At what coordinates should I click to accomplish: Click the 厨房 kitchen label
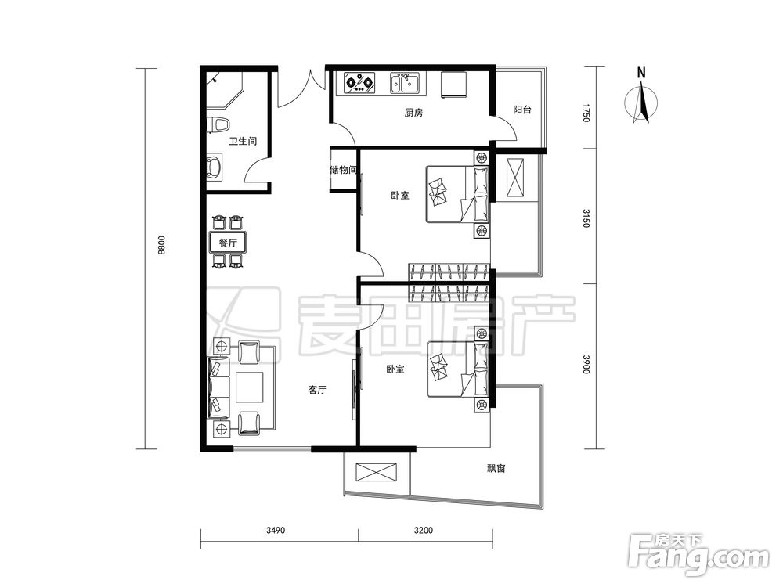click(413, 113)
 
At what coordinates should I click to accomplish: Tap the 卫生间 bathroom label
click(243, 141)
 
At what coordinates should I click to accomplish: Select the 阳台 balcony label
click(522, 110)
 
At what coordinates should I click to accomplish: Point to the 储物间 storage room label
click(344, 170)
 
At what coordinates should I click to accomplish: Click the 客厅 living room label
click(316, 390)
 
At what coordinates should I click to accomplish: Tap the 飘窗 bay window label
click(496, 468)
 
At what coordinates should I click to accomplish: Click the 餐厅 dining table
click(228, 243)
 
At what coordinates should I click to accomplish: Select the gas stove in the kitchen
click(359, 83)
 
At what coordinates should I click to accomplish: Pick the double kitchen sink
click(407, 83)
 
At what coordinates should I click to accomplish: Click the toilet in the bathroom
click(218, 125)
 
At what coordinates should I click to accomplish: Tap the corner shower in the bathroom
click(225, 91)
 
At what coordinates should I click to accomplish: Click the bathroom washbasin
click(215, 167)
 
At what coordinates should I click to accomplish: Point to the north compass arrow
click(643, 103)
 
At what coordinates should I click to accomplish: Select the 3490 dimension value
click(276, 530)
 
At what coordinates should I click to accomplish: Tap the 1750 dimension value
click(586, 113)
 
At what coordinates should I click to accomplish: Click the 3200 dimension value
click(424, 530)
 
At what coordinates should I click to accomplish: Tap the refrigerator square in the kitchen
click(453, 84)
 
